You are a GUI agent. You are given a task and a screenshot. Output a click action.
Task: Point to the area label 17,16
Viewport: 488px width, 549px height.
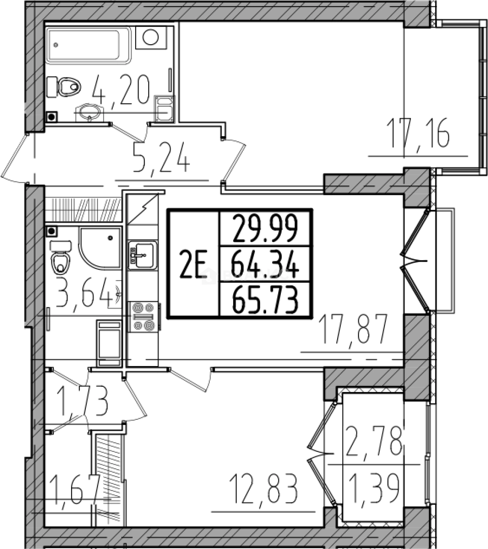[419, 133]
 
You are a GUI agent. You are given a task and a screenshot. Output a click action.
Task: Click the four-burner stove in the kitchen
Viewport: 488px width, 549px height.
[143, 317]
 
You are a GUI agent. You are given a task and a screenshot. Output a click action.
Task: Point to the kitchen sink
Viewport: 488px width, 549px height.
[143, 255]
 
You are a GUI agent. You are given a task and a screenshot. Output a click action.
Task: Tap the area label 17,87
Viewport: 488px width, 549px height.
[353, 329]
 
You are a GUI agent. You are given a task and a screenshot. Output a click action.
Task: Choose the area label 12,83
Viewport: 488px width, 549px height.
[264, 489]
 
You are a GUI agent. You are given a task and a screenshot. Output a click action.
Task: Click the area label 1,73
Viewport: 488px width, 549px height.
[83, 401]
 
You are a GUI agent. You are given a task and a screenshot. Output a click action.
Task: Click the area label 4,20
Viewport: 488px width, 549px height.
[121, 90]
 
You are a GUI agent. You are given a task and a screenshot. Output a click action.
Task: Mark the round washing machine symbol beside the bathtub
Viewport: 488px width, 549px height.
[151, 38]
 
